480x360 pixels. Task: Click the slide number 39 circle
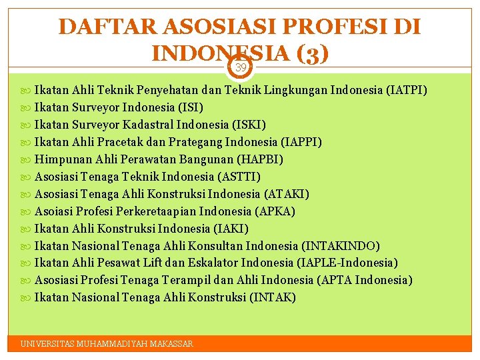pyautogui.click(x=241, y=67)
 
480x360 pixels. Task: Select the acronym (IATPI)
pyautogui.click(x=407, y=90)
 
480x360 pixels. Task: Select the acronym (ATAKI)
pyautogui.click(x=287, y=194)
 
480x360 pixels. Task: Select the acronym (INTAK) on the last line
pyautogui.click(x=272, y=297)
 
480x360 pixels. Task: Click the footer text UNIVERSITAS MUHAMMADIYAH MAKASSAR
pyautogui.click(x=107, y=344)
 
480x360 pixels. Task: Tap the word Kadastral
pyautogui.click(x=151, y=125)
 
